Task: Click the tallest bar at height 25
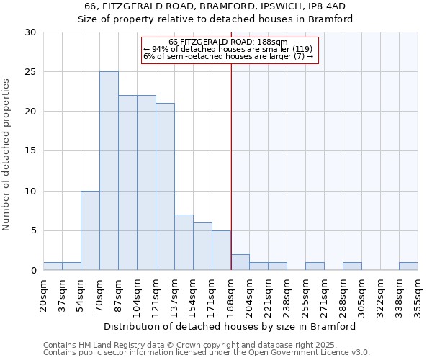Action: [x=109, y=171]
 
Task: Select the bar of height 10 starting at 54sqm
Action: [x=90, y=230]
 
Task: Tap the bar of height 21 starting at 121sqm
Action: [x=165, y=186]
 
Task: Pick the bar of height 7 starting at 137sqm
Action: [x=184, y=242]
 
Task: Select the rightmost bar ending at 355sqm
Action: [x=408, y=266]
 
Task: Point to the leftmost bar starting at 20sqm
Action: [x=53, y=266]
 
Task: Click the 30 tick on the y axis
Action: [x=30, y=32]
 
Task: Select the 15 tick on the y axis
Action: [x=30, y=151]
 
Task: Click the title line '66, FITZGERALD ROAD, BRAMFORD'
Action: [x=216, y=6]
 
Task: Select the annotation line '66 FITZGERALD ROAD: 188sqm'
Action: [x=228, y=42]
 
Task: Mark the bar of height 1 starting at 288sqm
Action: [x=352, y=266]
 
